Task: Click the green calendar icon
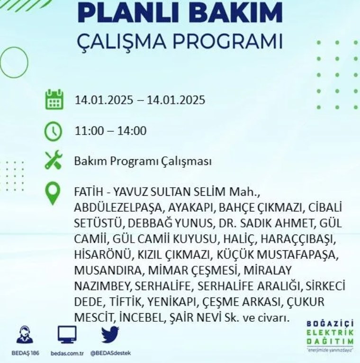[54, 100]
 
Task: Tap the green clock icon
[53, 131]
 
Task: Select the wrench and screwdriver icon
[54, 160]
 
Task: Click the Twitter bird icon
[110, 335]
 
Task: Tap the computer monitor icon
[67, 335]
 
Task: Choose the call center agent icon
[25, 335]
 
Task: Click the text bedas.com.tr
[67, 353]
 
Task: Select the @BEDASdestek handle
[110, 353]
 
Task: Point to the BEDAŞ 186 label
[25, 353]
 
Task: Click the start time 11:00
[89, 131]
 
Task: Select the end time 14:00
[132, 131]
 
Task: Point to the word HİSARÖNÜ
[102, 254]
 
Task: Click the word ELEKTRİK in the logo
[330, 333]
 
